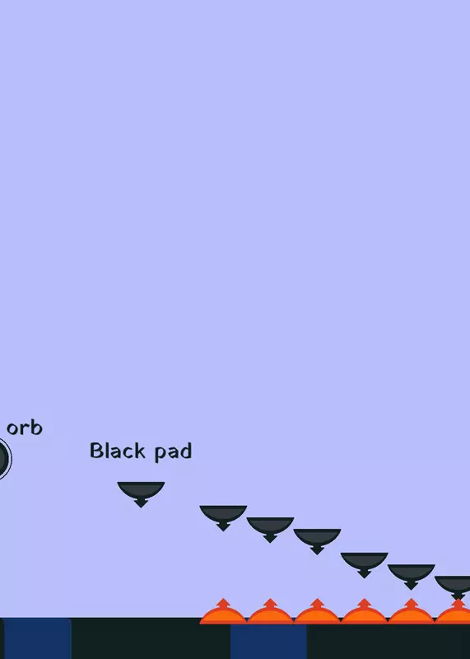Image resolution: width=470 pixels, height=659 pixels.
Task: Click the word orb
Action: [25, 428]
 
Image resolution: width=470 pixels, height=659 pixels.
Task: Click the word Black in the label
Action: [117, 450]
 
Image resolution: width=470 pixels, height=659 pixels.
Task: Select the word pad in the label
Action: [173, 451]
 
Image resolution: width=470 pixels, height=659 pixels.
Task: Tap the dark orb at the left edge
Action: [3, 459]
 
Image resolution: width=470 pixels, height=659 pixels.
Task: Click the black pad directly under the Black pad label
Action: [141, 493]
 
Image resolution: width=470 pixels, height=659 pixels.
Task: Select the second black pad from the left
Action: [223, 516]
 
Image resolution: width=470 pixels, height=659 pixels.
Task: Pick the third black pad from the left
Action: [270, 528]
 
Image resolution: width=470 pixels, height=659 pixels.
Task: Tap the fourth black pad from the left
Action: [317, 540]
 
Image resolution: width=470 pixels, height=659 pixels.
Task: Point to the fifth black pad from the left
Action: [364, 563]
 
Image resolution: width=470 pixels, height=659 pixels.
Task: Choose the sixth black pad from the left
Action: [412, 575]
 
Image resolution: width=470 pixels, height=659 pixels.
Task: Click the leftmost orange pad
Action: [223, 615]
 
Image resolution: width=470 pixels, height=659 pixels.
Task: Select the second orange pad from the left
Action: [270, 615]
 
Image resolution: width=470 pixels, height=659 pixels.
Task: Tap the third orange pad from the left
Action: [317, 615]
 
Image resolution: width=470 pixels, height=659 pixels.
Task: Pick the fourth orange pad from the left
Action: [364, 615]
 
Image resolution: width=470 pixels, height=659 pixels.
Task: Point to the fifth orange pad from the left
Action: [412, 615]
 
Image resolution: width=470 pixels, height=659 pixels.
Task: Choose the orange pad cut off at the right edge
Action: [454, 615]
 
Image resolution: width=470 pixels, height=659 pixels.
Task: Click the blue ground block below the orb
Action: [37, 638]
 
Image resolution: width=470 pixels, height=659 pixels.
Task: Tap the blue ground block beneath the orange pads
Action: [268, 642]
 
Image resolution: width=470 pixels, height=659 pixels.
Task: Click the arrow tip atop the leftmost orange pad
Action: [223, 600]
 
